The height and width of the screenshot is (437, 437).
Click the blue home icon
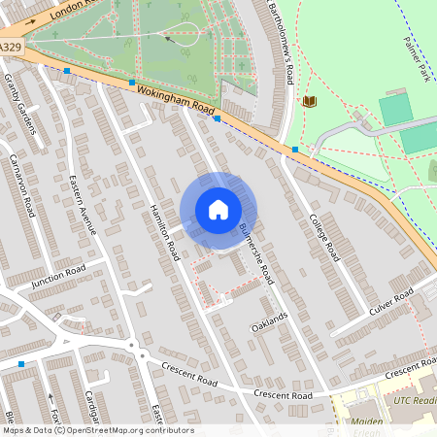[218, 210]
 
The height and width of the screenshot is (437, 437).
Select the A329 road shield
[9, 46]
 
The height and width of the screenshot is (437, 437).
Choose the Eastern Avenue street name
[84, 205]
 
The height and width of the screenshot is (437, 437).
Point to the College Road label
[322, 237]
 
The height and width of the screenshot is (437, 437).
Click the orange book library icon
[310, 101]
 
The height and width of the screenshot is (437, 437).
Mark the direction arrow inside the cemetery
[172, 39]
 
